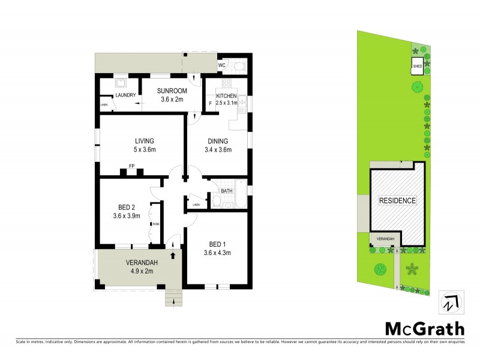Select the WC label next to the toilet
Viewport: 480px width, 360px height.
coord(221,65)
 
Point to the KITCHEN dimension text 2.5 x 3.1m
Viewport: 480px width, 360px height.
coord(227,103)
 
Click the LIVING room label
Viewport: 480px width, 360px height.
coord(145,142)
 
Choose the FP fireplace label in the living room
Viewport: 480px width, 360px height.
coord(131,166)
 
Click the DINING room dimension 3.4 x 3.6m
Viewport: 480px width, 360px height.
coord(218,150)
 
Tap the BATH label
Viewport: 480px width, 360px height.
coord(226,191)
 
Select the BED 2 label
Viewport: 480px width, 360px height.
coord(127,207)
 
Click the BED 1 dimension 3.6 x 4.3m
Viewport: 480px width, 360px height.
coord(217,253)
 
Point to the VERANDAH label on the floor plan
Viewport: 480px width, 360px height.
coord(141,263)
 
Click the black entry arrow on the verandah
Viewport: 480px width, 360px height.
coord(173,256)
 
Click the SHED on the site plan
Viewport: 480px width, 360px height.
coord(416,67)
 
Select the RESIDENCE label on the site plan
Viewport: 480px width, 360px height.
coord(397,200)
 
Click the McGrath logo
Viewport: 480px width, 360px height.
coord(424,328)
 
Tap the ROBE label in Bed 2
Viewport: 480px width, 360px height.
coord(156,224)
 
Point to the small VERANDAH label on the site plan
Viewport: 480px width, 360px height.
coord(385,239)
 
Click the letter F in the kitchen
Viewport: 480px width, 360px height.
coord(210,103)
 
